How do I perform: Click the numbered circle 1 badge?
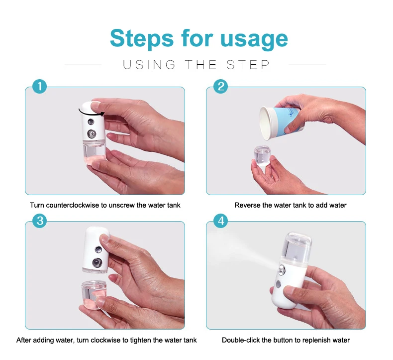pyautogui.click(x=40, y=86)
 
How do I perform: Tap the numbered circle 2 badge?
pyautogui.click(x=220, y=86)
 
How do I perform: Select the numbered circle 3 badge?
pyautogui.click(x=40, y=221)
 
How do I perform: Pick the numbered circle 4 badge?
pyautogui.click(x=220, y=221)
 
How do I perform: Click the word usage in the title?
pyautogui.click(x=254, y=39)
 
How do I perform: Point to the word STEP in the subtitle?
pyautogui.click(x=248, y=65)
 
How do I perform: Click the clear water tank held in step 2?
pyautogui.click(x=262, y=156)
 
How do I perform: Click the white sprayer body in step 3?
pyautogui.click(x=96, y=250)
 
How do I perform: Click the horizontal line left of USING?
pyautogui.click(x=83, y=65)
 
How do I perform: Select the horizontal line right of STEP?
pyautogui.click(x=307, y=65)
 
